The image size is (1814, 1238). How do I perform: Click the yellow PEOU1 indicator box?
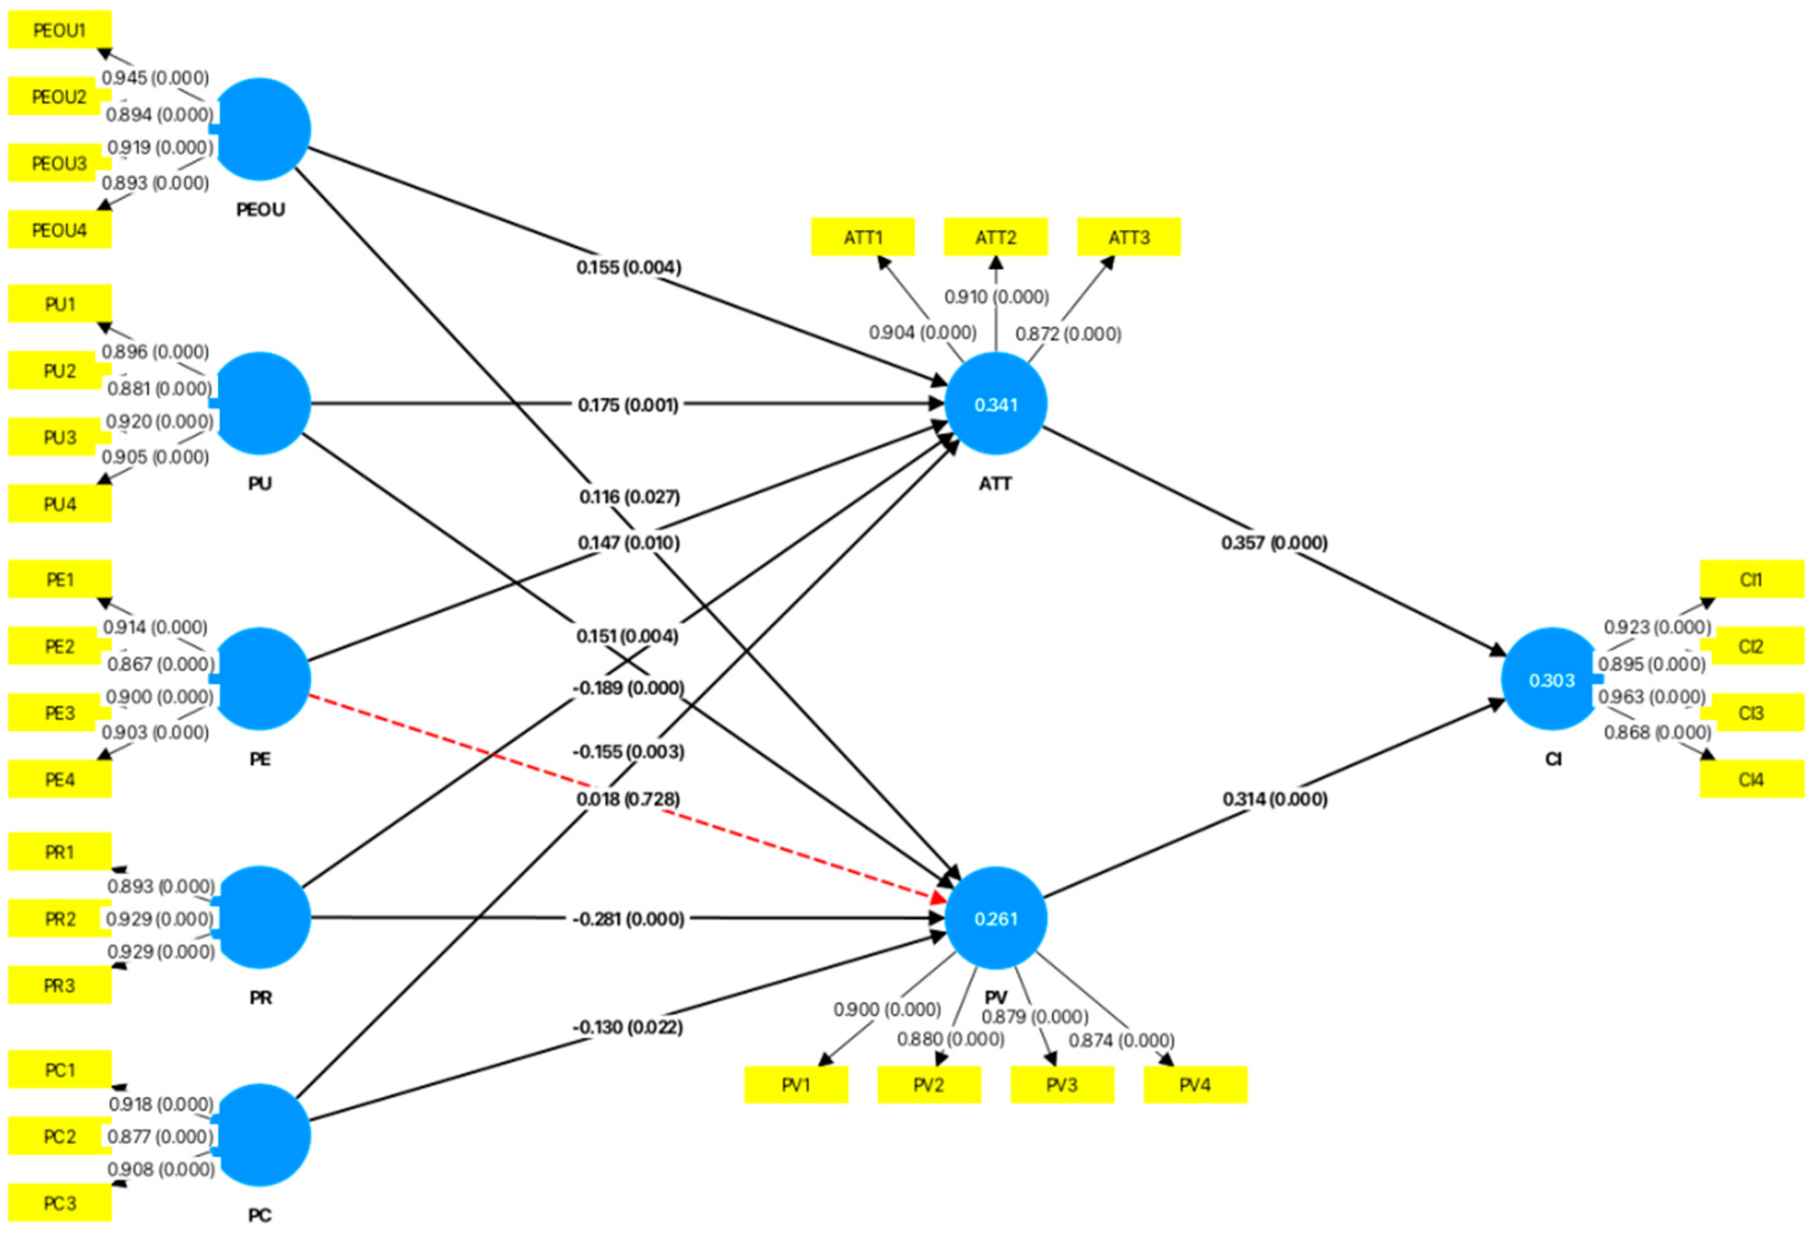[59, 30]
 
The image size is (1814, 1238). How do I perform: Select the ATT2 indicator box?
[995, 237]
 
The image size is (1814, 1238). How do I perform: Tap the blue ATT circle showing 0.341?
[995, 404]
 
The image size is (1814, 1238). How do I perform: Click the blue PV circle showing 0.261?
[995, 918]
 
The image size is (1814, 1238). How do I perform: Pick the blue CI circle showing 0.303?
[1552, 679]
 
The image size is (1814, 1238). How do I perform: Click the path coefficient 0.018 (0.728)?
[628, 798]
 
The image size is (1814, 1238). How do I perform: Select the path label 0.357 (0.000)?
[1274, 542]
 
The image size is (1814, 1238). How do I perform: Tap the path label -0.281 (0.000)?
[628, 919]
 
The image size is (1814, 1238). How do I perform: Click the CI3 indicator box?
[1751, 712]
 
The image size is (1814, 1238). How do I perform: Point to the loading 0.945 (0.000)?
[155, 77]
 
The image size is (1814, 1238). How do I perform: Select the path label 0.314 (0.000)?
[1274, 798]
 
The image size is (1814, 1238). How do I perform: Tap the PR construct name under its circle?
[260, 997]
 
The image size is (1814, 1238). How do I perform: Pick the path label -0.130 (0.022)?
[628, 1026]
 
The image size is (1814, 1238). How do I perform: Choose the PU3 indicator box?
[59, 437]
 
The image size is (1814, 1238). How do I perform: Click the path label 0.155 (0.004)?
[628, 267]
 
